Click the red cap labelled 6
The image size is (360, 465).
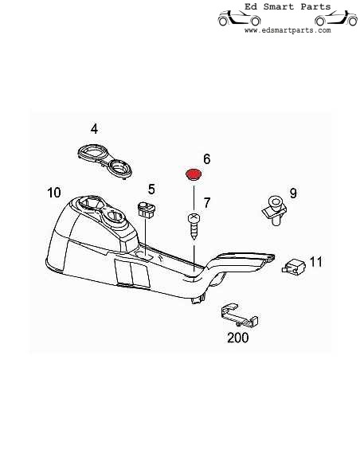click(x=194, y=174)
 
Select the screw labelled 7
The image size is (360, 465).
click(x=194, y=226)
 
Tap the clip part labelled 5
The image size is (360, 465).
click(x=147, y=209)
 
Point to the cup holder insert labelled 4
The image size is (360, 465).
click(x=104, y=162)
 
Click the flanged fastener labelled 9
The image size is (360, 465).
click(x=274, y=210)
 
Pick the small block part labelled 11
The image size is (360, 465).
click(x=293, y=266)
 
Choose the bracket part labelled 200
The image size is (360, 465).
click(x=240, y=315)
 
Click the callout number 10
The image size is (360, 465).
click(x=54, y=193)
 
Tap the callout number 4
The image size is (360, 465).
click(x=94, y=129)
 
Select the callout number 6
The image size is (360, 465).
click(x=207, y=159)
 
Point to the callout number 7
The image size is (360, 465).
click(x=207, y=203)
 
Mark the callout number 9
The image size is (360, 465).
click(x=293, y=193)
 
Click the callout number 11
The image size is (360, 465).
click(x=316, y=262)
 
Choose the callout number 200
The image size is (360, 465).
click(x=238, y=338)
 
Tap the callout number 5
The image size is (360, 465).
click(x=151, y=190)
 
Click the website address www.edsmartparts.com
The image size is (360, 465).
click(x=288, y=30)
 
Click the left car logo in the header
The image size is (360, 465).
click(x=239, y=18)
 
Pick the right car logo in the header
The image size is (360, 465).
click(x=336, y=18)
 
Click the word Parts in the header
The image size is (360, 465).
click(x=315, y=6)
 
